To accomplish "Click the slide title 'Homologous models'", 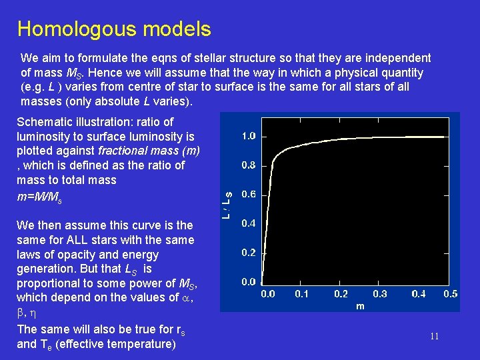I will coord(114,29).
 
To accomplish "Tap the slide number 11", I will coord(434,337).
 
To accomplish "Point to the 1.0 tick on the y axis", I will coord(248,136).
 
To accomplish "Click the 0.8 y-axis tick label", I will coord(248,165).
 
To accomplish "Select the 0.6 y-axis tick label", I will coord(248,195).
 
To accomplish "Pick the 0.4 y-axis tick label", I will coord(248,223).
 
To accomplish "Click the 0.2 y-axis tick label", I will coord(248,253).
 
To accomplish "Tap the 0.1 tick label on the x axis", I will coord(302,294).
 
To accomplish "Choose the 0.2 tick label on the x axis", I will coord(341,294).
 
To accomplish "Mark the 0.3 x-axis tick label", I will coord(379,294).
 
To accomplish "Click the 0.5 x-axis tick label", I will coord(451,294).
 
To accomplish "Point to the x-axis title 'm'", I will coord(360,306).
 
